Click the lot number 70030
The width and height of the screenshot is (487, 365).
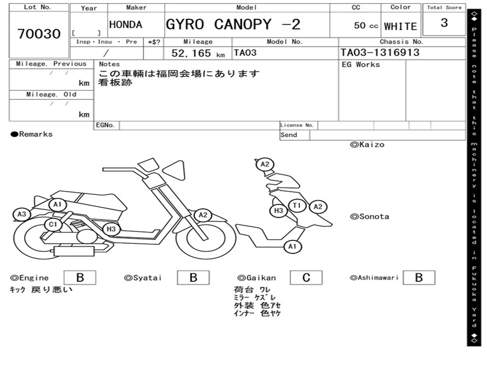[x=39, y=34]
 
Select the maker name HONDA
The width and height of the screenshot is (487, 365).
[x=126, y=25]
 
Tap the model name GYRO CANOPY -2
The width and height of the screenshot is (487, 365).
[x=233, y=25]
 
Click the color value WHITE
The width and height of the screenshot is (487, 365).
[x=400, y=27]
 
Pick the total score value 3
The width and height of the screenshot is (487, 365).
[x=444, y=23]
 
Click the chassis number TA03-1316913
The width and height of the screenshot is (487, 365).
[x=380, y=53]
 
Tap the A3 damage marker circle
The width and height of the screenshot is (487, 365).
[x=21, y=215]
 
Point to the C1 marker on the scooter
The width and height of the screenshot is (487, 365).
[x=53, y=224]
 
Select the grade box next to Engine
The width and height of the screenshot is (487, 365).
[x=79, y=278]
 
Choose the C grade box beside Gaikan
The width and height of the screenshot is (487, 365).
[x=306, y=278]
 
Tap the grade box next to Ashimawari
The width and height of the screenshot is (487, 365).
[x=419, y=278]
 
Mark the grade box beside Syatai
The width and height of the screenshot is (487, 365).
[x=193, y=278]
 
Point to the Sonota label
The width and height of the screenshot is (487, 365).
[x=370, y=217]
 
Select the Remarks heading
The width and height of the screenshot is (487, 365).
[x=32, y=134]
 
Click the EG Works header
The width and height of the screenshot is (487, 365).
[x=361, y=65]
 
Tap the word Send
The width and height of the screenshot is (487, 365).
[x=289, y=135]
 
